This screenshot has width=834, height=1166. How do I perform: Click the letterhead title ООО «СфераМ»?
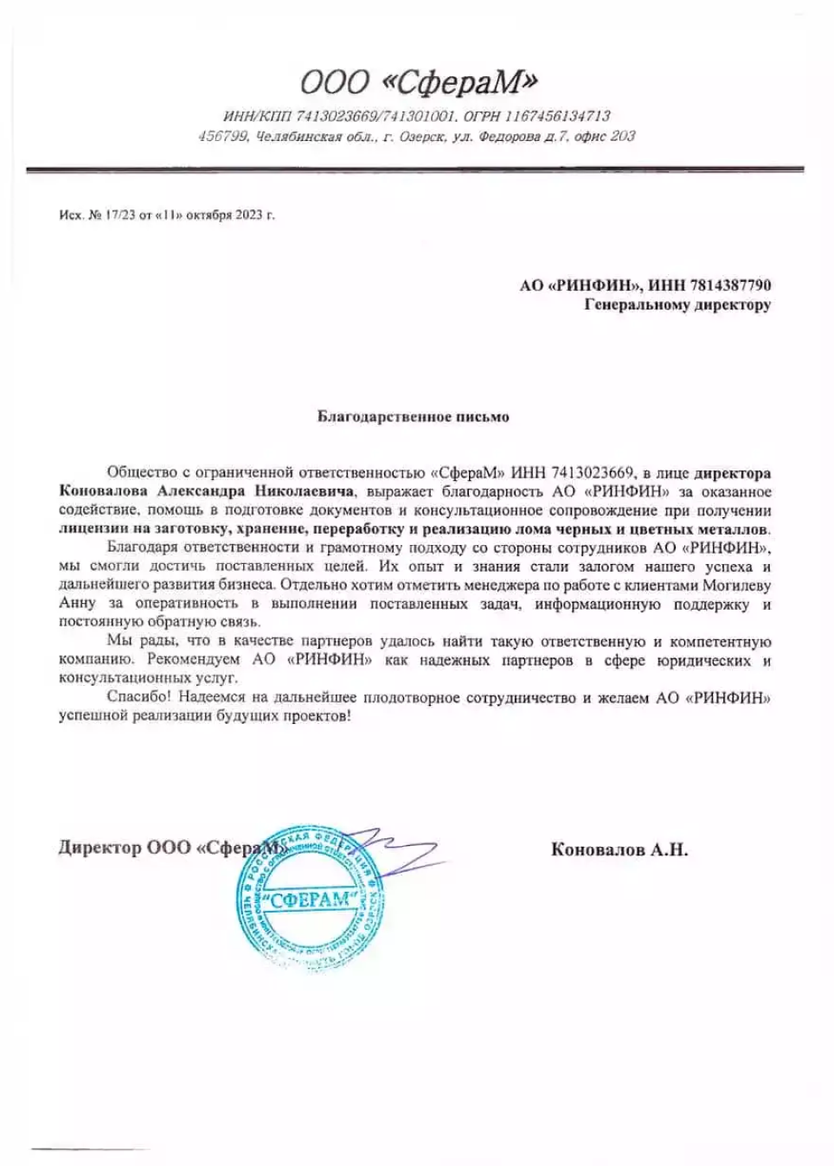click(x=419, y=82)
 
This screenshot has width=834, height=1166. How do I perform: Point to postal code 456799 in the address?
click(x=224, y=137)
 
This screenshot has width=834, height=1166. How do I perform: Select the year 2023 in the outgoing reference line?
click(x=248, y=215)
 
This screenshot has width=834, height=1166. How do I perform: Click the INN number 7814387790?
click(x=728, y=285)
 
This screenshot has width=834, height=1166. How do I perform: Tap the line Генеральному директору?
click(x=677, y=304)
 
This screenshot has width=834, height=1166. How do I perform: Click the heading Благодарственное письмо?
click(x=414, y=417)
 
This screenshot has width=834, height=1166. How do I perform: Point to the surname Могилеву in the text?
click(x=735, y=585)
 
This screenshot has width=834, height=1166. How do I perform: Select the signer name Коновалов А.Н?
click(x=619, y=850)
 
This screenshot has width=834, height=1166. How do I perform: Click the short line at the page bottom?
click(x=90, y=1147)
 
